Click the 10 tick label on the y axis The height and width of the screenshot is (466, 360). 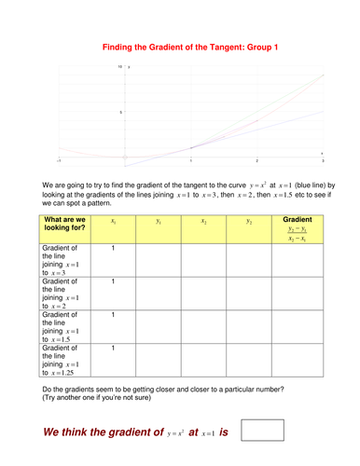pos(120,67)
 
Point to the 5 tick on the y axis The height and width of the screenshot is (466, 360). pos(121,112)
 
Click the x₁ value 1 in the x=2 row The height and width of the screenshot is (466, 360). pos(113,281)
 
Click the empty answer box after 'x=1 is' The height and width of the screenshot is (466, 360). pos(262,431)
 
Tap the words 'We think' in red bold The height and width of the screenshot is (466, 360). pos(76,432)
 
